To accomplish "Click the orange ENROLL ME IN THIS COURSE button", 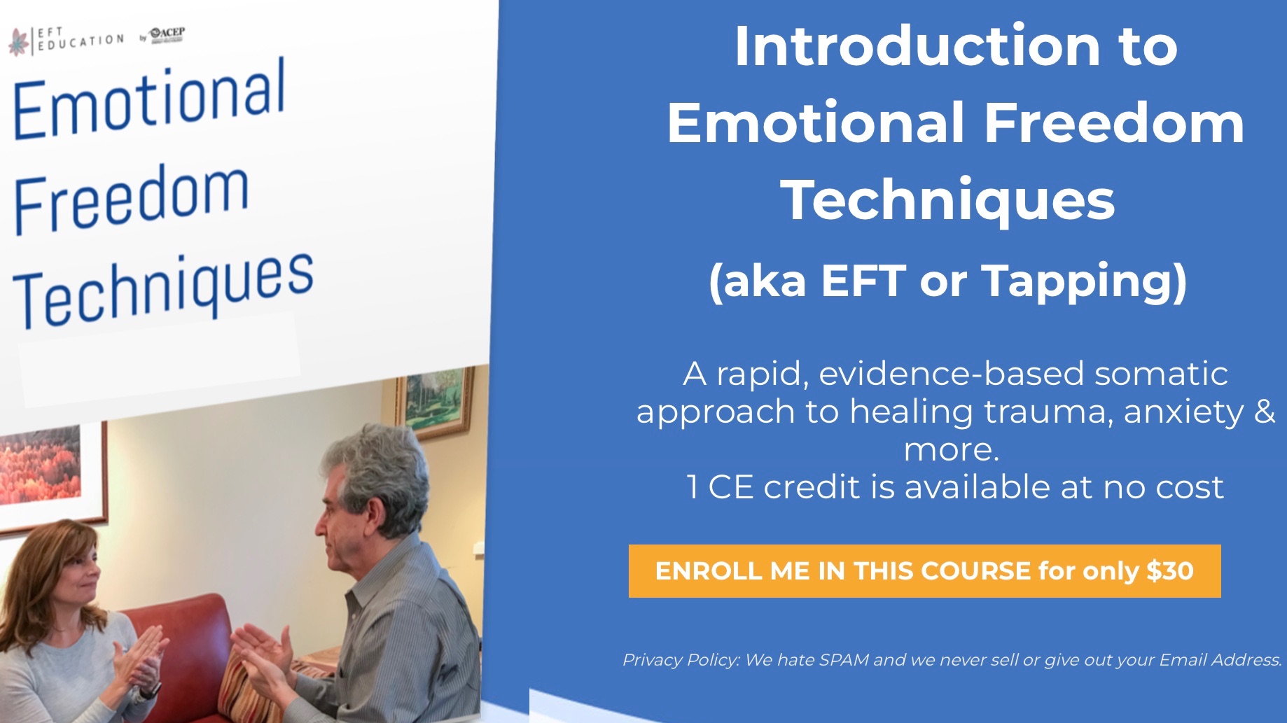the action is [924, 571].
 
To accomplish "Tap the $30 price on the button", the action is [1170, 571].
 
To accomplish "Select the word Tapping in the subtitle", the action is [1076, 282].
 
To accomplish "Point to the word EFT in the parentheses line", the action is [863, 281].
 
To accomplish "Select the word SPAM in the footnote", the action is [844, 659].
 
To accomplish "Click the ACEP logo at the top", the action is [166, 34].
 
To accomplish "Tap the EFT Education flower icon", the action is [19, 41].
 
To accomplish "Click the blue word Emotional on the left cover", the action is [149, 99].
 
